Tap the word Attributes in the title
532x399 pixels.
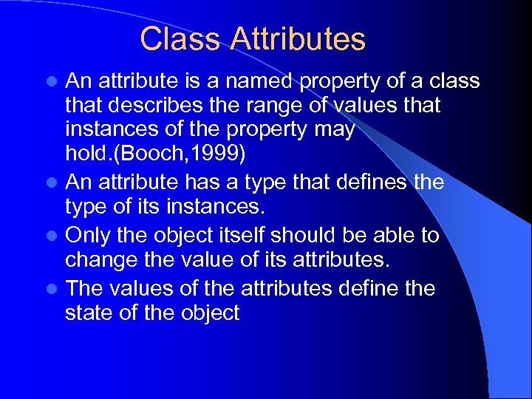coord(297,39)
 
